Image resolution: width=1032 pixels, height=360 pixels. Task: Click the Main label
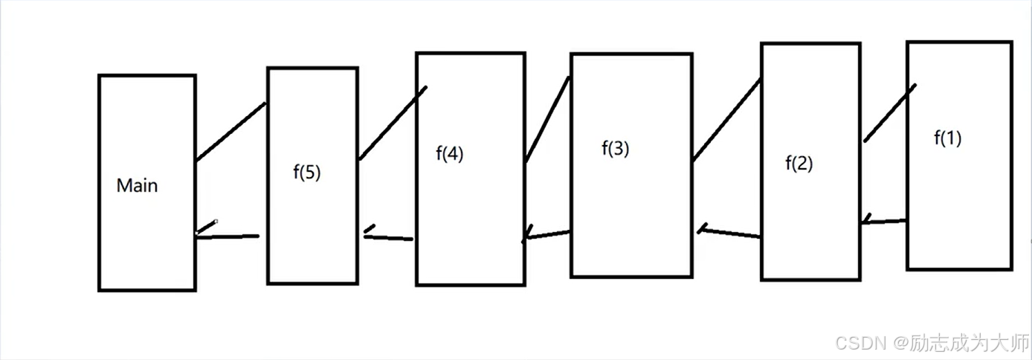click(x=138, y=185)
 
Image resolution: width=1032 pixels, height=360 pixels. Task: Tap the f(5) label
click(x=307, y=173)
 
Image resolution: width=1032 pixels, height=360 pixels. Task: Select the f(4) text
click(x=450, y=154)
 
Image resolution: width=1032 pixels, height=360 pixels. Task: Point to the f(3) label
click(x=615, y=148)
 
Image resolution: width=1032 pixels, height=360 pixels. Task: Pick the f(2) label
click(x=799, y=164)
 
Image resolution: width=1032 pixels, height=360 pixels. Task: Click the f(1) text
click(x=947, y=138)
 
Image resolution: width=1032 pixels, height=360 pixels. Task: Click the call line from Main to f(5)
click(x=230, y=132)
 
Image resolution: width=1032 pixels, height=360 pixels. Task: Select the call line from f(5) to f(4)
click(x=393, y=123)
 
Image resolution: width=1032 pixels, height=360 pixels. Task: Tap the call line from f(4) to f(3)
click(x=547, y=119)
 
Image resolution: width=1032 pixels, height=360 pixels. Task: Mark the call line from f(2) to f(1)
click(x=890, y=112)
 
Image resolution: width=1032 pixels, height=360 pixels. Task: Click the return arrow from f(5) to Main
click(x=228, y=236)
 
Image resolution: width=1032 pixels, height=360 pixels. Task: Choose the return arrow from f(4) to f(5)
click(x=388, y=237)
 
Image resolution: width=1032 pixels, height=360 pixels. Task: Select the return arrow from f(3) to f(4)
click(x=546, y=236)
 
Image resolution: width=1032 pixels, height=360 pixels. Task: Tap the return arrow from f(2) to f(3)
click(x=729, y=232)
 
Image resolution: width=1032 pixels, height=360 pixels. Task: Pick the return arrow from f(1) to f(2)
click(x=884, y=221)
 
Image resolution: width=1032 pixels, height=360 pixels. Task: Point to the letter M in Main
click(x=123, y=185)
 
